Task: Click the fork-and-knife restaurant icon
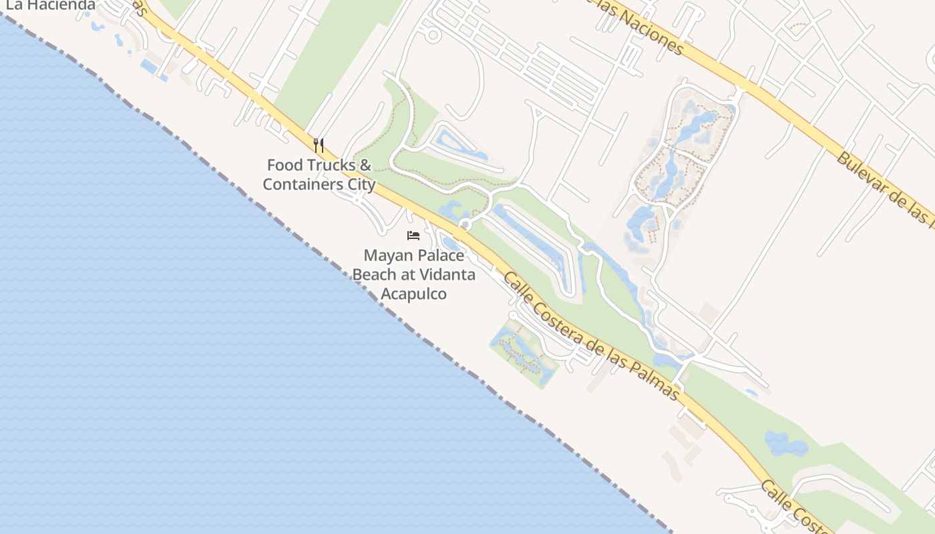click(319, 145)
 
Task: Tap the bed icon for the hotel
click(413, 236)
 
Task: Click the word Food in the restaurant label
click(285, 165)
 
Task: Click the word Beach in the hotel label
click(373, 274)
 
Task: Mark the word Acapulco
click(413, 294)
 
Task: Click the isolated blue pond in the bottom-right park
click(785, 443)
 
